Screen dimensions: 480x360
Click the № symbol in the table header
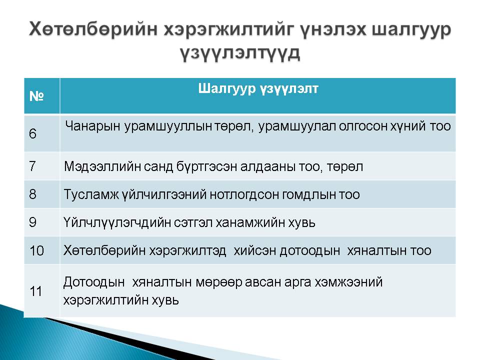click(x=36, y=96)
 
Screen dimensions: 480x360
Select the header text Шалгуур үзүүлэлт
click(x=258, y=89)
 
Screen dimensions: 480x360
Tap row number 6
click(x=33, y=134)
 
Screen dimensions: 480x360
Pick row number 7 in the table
click(x=32, y=166)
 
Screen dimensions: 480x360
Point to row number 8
click(x=33, y=194)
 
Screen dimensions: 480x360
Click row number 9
click(x=33, y=222)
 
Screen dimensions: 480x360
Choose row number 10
click(x=36, y=250)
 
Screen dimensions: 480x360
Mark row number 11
click(x=36, y=291)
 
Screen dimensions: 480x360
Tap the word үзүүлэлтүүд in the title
click(x=240, y=54)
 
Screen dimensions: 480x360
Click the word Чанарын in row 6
click(x=92, y=126)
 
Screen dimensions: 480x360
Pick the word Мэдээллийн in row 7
click(x=102, y=167)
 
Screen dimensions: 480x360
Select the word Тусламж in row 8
click(x=91, y=194)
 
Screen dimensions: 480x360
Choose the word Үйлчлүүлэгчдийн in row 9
click(x=117, y=222)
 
